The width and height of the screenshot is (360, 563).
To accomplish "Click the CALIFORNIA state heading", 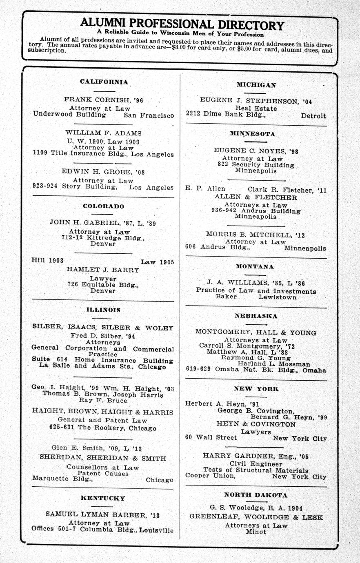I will click(104, 82).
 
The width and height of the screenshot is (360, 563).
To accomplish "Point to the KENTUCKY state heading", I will click(103, 498).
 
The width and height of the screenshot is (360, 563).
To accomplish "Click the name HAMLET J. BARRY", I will click(103, 270).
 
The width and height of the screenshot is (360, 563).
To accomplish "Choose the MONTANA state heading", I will click(255, 266).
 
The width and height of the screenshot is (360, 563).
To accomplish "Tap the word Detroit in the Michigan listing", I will click(313, 116).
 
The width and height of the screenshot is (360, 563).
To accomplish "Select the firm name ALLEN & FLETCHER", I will click(256, 197).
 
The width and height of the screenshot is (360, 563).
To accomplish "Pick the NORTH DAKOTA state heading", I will click(256, 495).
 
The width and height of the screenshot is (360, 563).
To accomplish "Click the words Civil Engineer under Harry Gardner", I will click(256, 464).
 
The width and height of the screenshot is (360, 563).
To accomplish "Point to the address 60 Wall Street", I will click(211, 438).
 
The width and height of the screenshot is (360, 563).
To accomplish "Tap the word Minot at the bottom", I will click(256, 532).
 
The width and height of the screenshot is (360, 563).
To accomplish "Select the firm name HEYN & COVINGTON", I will click(256, 424).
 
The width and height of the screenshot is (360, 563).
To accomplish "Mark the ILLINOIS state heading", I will click(103, 310).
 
